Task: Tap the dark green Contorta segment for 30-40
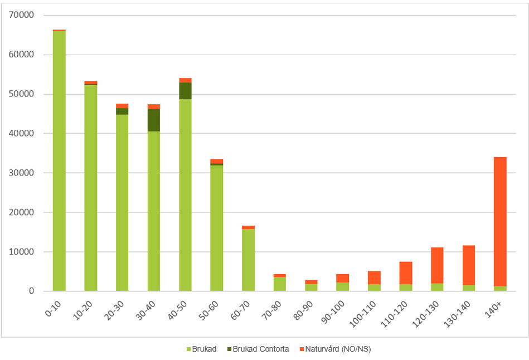tap(154, 120)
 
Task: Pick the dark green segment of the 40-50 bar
tap(185, 91)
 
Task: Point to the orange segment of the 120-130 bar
tap(437, 265)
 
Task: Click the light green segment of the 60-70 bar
tap(248, 260)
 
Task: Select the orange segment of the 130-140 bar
tap(469, 265)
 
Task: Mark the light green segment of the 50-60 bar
tap(217, 228)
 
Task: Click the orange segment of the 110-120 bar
tap(406, 273)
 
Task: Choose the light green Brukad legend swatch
tap(188, 349)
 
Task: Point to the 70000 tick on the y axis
tap(22, 15)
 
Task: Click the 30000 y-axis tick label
tap(22, 173)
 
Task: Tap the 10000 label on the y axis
tap(22, 252)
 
